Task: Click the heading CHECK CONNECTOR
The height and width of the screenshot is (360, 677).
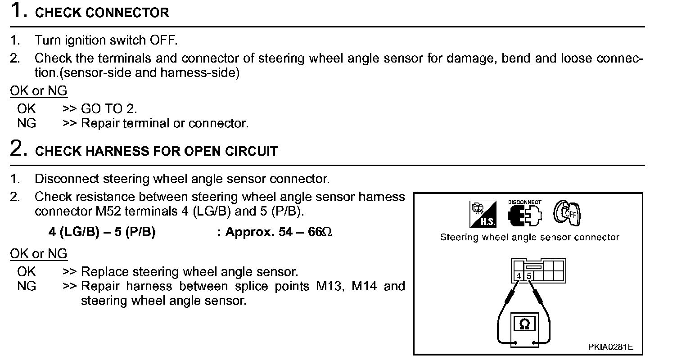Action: click(102, 13)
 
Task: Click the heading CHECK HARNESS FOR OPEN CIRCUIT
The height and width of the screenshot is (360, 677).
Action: click(156, 151)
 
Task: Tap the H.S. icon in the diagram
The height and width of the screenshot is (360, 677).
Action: click(483, 214)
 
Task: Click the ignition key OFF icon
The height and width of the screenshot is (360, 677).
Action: click(567, 212)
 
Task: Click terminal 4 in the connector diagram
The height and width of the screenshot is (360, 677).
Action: click(519, 275)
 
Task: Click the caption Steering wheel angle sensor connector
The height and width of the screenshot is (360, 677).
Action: click(529, 237)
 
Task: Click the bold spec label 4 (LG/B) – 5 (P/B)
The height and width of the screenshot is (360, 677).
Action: click(102, 233)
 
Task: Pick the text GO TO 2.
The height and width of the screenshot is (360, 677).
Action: click(109, 108)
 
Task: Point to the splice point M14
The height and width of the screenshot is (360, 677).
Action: click(363, 286)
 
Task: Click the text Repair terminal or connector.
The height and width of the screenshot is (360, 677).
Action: click(164, 123)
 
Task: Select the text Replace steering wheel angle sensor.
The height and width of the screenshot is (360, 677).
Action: click(189, 272)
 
